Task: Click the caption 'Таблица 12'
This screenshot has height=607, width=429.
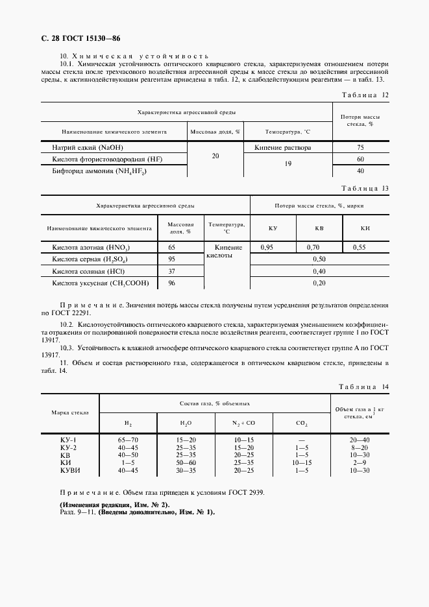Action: (x=365, y=95)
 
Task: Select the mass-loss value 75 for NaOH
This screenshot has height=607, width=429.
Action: (x=360, y=148)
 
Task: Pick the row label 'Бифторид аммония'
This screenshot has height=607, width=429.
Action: (x=99, y=171)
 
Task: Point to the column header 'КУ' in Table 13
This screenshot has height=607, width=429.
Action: (x=273, y=228)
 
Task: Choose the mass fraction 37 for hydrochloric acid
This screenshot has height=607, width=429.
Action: (x=172, y=271)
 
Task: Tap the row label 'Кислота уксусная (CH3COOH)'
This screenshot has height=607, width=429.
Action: (x=101, y=283)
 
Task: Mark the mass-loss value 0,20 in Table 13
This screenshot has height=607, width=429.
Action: (x=319, y=283)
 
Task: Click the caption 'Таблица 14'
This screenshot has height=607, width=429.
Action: (x=365, y=387)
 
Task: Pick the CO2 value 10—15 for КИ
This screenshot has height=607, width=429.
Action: (x=302, y=463)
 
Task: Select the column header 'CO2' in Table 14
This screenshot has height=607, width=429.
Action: (x=302, y=423)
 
